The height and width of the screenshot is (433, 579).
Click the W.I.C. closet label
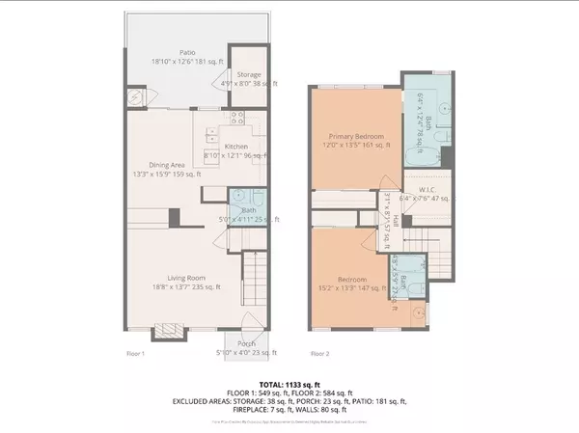pos(417,190)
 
